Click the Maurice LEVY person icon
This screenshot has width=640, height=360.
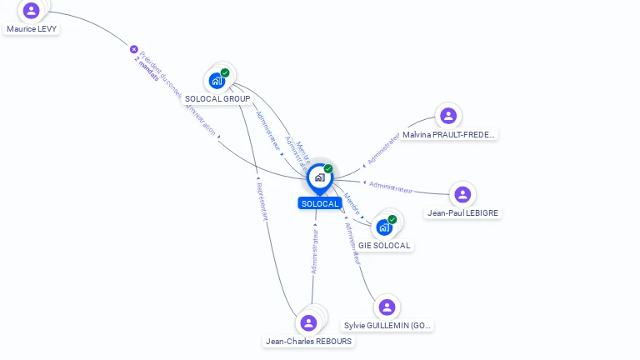click(x=32, y=10)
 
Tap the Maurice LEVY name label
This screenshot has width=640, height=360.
click(x=32, y=28)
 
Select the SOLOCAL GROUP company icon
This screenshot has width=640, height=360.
click(x=217, y=80)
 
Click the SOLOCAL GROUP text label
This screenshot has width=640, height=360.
click(x=217, y=99)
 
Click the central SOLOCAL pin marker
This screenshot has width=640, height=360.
click(x=320, y=177)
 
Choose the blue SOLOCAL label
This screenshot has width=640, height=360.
click(x=320, y=204)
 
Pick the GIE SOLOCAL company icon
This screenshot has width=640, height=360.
click(x=384, y=227)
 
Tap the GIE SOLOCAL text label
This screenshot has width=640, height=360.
click(x=384, y=246)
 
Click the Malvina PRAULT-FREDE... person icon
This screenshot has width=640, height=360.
click(x=448, y=116)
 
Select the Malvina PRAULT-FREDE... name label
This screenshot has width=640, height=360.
click(x=449, y=134)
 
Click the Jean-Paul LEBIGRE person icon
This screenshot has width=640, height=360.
click(x=462, y=194)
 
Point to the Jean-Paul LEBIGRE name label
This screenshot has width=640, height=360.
click(x=462, y=213)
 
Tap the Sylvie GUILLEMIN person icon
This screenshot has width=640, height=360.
click(x=387, y=307)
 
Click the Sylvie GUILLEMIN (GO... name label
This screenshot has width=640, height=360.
click(x=388, y=326)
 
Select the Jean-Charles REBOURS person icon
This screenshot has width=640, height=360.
click(x=309, y=322)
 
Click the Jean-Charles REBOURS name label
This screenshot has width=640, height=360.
click(x=308, y=342)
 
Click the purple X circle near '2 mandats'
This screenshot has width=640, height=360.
click(x=133, y=49)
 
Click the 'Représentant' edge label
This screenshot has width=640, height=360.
click(x=262, y=201)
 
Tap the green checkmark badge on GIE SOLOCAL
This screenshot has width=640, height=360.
click(x=392, y=219)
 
